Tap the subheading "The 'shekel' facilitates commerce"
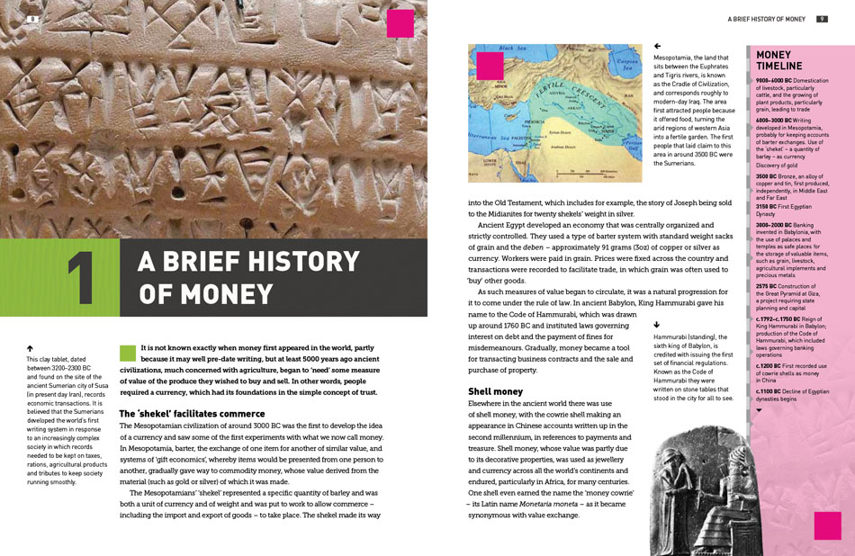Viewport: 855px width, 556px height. point(192,413)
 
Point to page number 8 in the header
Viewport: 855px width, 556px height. point(32,19)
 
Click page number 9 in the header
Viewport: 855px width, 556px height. point(823,19)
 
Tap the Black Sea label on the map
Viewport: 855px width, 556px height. point(511,49)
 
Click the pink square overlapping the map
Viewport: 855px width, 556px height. point(490,66)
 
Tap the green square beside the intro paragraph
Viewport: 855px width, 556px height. point(127,353)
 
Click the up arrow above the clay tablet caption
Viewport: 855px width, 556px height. point(31,347)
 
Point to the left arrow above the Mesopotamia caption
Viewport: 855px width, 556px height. point(657,46)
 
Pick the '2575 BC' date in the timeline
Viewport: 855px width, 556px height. point(768,285)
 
